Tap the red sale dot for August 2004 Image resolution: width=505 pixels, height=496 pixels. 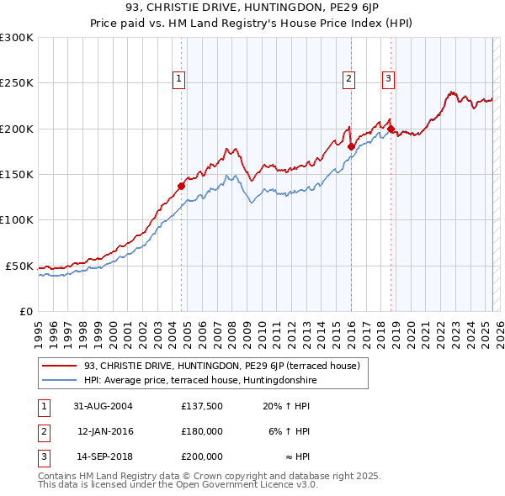pyautogui.click(x=181, y=186)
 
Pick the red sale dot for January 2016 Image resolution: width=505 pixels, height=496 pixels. pyautogui.click(x=351, y=145)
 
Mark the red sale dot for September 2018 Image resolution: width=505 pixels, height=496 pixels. pyautogui.click(x=391, y=129)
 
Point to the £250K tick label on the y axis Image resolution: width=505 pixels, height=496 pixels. pyautogui.click(x=16, y=83)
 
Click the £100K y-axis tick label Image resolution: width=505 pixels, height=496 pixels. pyautogui.click(x=16, y=219)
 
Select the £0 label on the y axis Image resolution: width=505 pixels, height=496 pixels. pyautogui.click(x=24, y=311)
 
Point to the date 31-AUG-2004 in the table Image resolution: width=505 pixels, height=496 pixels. pyautogui.click(x=104, y=407)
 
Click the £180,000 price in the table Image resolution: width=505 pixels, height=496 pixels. pyautogui.click(x=202, y=431)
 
